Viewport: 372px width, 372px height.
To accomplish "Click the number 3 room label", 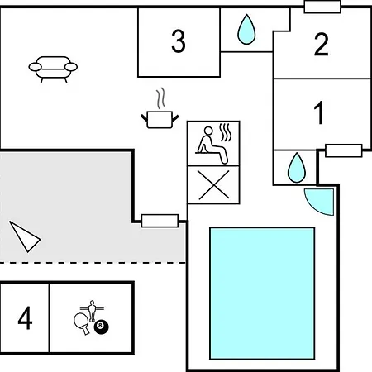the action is click(x=179, y=41).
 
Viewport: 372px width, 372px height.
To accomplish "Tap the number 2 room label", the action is click(x=322, y=44).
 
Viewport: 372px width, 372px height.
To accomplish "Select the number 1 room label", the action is click(x=319, y=112).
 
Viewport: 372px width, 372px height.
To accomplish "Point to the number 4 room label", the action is click(x=25, y=317).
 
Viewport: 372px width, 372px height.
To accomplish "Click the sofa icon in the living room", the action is click(x=53, y=69).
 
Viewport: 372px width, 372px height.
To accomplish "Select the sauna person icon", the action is click(x=212, y=144).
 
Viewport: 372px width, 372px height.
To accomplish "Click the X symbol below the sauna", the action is click(x=213, y=184).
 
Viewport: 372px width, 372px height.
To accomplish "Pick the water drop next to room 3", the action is click(x=246, y=29).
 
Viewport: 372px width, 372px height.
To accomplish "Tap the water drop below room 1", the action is click(x=297, y=168).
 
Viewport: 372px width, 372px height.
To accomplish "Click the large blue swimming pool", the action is click(x=262, y=293).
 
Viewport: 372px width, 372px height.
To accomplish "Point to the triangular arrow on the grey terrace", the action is click(x=26, y=236).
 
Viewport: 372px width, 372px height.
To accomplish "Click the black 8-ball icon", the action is click(x=101, y=327).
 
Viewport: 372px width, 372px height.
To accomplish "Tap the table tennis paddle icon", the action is click(x=82, y=323).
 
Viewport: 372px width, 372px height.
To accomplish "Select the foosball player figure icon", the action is click(x=92, y=311).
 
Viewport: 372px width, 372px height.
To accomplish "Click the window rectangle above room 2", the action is click(x=322, y=7).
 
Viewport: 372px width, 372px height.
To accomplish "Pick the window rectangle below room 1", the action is click(x=344, y=150).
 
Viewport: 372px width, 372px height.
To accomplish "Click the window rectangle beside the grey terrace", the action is click(x=160, y=221).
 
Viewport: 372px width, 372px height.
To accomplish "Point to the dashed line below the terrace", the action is click(x=93, y=263).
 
